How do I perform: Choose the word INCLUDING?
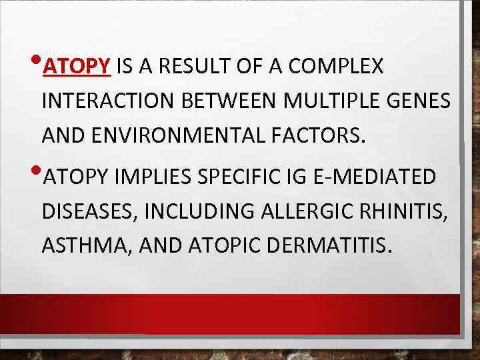(185, 213)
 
